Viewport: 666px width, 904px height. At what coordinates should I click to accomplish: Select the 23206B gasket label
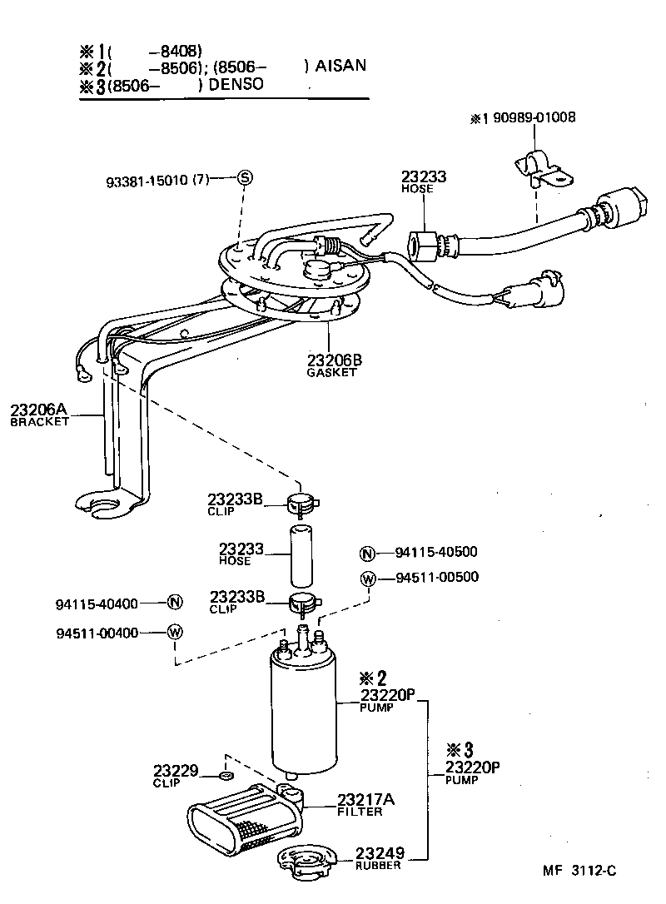335,365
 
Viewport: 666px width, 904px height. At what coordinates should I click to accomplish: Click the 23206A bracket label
38,414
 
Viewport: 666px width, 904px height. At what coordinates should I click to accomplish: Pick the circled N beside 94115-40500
367,553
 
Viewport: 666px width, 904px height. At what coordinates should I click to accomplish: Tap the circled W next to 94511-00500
367,579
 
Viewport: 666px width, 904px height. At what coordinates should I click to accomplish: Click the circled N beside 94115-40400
174,603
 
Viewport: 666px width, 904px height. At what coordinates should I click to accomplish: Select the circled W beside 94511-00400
174,633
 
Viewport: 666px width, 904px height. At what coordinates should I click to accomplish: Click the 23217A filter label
365,804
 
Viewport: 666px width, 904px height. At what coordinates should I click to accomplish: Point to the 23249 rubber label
380,857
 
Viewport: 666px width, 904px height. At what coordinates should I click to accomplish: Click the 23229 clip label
175,774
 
